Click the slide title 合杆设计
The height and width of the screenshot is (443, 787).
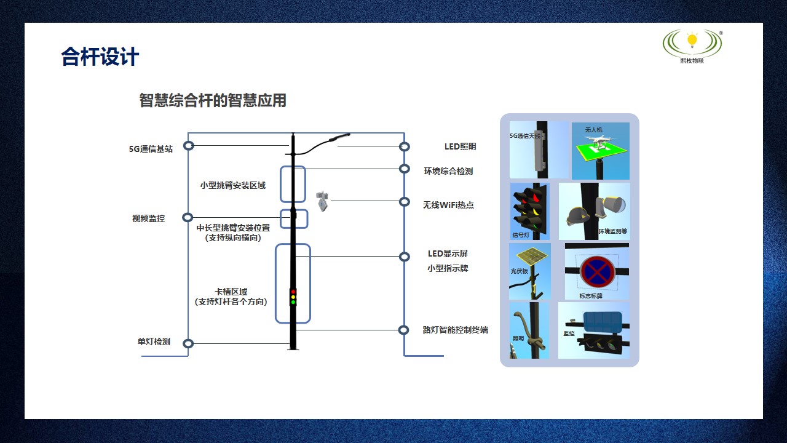(100, 57)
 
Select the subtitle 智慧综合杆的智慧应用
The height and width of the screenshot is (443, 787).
(213, 100)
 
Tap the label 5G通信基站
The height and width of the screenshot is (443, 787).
(151, 149)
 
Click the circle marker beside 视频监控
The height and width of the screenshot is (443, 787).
(188, 217)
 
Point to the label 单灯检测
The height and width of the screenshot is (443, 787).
(154, 341)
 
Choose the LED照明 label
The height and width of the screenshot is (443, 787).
(460, 146)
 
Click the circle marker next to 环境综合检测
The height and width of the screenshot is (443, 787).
(404, 169)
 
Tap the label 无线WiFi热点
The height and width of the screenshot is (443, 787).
(448, 205)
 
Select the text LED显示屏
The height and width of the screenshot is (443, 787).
(448, 253)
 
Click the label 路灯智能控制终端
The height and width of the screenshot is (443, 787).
(455, 330)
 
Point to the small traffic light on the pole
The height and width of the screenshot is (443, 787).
(293, 297)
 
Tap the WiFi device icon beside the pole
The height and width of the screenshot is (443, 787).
(322, 201)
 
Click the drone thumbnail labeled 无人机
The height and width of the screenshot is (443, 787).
(601, 151)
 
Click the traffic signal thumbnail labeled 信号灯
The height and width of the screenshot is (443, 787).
(529, 211)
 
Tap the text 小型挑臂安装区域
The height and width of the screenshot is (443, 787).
(233, 185)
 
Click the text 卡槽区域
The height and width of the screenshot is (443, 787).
(231, 292)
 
